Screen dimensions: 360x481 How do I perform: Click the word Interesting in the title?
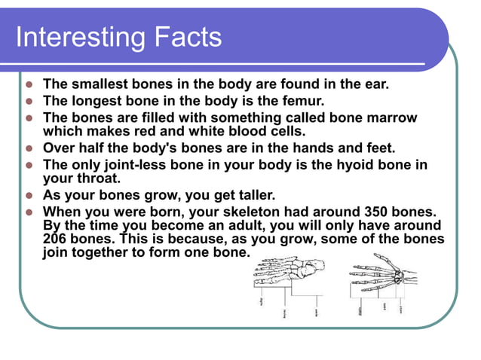(72, 37)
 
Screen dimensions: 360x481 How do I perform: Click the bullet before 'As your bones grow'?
(29, 195)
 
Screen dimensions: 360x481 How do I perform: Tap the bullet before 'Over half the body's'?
(29, 148)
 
